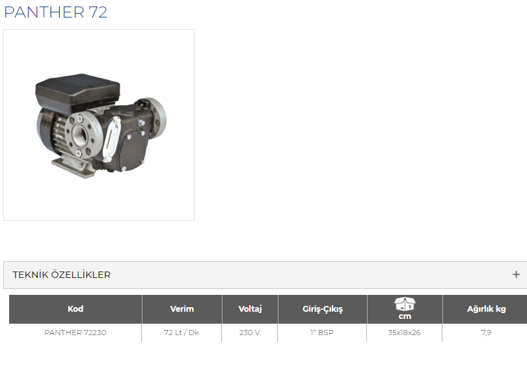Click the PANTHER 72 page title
[x=55, y=12]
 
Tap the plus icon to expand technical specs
[x=516, y=275]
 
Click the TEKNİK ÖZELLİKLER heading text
[x=62, y=275]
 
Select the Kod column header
[x=75, y=309]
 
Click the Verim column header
[x=182, y=309]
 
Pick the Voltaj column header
[x=250, y=309]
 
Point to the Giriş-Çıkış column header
[x=322, y=309]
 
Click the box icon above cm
[x=405, y=304]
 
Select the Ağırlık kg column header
[x=486, y=309]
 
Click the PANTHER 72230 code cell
[x=75, y=333]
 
